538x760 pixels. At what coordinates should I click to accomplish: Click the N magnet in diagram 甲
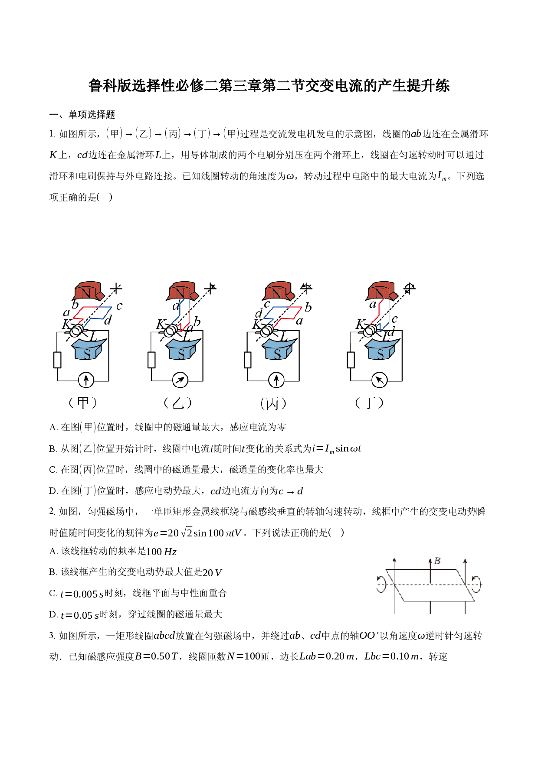click(89, 291)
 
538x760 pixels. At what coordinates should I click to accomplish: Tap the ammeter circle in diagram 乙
click(180, 380)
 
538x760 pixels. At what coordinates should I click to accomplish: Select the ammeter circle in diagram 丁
click(380, 380)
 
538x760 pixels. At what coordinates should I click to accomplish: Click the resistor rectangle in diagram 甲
click(57, 360)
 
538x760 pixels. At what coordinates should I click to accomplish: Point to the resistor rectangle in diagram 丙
click(248, 360)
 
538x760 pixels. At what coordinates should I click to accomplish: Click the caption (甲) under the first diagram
click(83, 403)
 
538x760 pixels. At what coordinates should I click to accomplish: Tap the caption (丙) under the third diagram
click(273, 403)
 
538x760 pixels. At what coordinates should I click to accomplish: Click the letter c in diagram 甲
click(119, 306)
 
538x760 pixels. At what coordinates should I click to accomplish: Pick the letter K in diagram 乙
click(161, 324)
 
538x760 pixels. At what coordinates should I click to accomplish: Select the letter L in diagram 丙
click(284, 336)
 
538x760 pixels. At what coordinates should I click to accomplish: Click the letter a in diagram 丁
click(372, 305)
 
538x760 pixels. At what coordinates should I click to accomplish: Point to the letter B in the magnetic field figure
click(437, 561)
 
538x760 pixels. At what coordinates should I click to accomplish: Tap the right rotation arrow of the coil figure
click(477, 584)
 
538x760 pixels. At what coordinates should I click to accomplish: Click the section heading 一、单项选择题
click(82, 114)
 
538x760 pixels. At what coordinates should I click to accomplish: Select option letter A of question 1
click(53, 427)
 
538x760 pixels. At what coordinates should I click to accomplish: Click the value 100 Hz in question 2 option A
click(161, 552)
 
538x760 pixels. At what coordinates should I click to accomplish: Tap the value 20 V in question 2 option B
click(212, 572)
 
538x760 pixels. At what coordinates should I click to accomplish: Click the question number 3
click(52, 636)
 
